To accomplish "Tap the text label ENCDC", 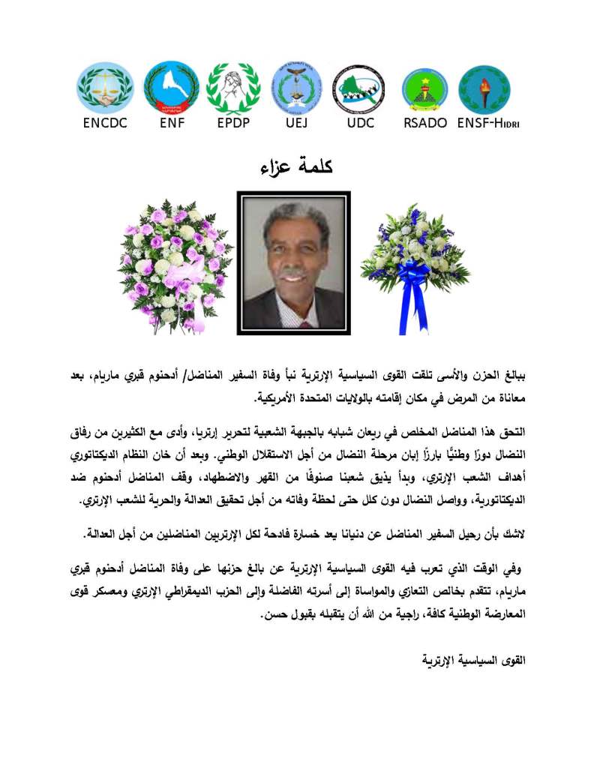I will coord(106,124).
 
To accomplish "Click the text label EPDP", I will coord(233,124).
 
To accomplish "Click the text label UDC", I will coord(360,124).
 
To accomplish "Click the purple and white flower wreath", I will coord(174,266).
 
